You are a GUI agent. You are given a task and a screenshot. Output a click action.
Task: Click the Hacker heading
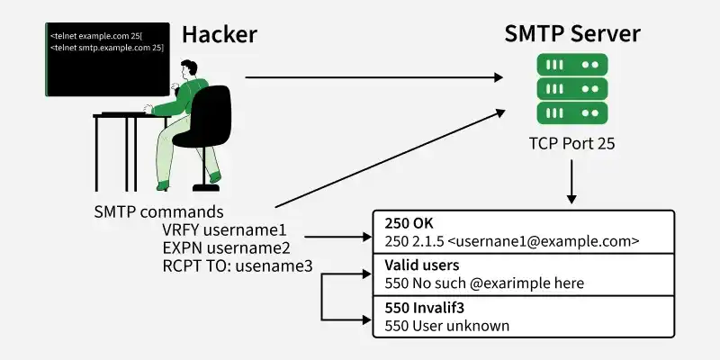tap(220, 35)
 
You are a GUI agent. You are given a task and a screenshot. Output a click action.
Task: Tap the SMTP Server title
tap(572, 34)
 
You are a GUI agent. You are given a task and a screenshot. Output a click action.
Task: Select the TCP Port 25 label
tap(571, 144)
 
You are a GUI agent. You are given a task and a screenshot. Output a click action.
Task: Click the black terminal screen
tap(107, 59)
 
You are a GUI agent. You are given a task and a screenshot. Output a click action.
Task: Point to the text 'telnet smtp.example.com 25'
tap(108, 48)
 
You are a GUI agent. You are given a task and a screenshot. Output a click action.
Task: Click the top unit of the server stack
tap(572, 65)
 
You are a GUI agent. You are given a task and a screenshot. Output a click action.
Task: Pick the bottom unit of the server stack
tap(572, 112)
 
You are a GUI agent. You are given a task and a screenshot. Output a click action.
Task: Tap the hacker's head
tap(188, 69)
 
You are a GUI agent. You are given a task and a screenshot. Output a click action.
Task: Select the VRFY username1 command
tap(224, 229)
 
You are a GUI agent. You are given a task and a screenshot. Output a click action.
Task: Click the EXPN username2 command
tap(227, 248)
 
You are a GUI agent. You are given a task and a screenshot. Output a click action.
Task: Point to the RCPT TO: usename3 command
tap(238, 266)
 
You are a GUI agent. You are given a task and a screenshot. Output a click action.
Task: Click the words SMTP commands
tap(159, 211)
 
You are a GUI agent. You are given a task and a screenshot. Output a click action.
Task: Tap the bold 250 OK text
tap(409, 224)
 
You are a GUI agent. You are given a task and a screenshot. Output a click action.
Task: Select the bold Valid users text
tap(422, 265)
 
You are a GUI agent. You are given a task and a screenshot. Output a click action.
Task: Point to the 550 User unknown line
tap(447, 326)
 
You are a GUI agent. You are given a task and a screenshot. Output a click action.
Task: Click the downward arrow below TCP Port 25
tap(571, 182)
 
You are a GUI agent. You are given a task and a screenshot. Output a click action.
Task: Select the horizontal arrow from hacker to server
tap(373, 77)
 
